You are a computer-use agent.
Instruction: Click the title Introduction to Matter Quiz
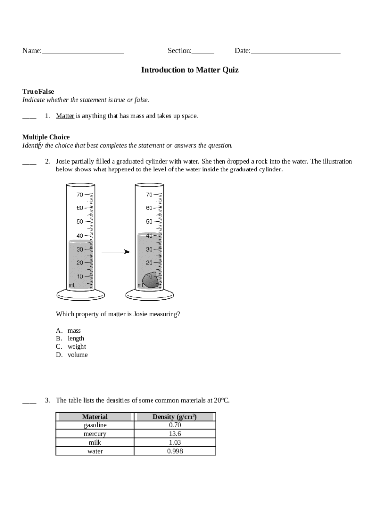[x=190, y=70]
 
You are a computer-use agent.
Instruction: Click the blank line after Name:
[x=83, y=51]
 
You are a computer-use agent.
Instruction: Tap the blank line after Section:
[x=203, y=51]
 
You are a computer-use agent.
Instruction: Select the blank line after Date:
[x=295, y=51]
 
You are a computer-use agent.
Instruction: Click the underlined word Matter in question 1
[x=65, y=116]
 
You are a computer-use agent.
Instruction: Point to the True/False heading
[x=38, y=92]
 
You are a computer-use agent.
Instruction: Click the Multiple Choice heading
[x=46, y=137]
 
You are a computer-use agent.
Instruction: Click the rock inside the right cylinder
[x=151, y=280]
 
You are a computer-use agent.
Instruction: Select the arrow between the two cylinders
[x=115, y=252]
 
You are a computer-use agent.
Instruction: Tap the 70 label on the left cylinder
[x=80, y=195]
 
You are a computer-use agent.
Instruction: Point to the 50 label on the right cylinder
[x=149, y=222]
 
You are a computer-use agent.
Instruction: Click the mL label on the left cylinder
[x=72, y=285]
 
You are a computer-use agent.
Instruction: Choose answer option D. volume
[x=72, y=355]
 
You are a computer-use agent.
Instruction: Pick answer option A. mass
[x=69, y=331]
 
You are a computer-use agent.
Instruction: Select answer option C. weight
[x=71, y=347]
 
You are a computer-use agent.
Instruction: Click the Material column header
[x=95, y=417]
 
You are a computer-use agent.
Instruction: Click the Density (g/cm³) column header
[x=175, y=417]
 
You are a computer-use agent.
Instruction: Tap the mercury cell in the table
[x=95, y=434]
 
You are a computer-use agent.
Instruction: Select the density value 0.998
[x=175, y=451]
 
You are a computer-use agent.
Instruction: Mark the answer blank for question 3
[x=29, y=401]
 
